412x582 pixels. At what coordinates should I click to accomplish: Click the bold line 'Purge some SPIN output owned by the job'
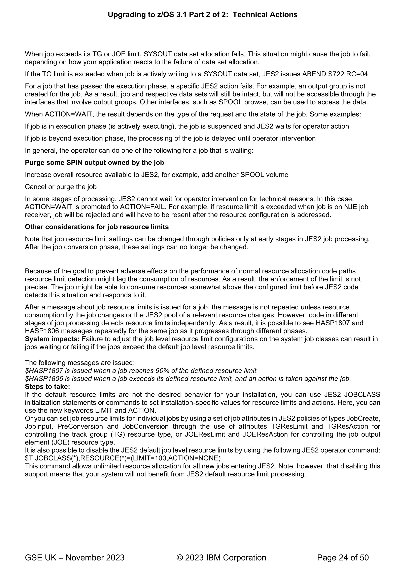point(94,162)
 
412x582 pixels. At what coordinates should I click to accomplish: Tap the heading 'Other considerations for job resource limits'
point(97,227)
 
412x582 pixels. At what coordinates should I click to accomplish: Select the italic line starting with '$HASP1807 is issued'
point(141,371)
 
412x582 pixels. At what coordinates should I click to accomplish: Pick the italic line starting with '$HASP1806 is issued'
point(188,379)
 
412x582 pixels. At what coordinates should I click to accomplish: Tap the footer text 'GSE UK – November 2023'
point(75,558)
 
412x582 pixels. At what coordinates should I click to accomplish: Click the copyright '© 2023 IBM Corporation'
point(221,558)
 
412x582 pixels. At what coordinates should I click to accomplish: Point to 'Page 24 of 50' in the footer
point(343,558)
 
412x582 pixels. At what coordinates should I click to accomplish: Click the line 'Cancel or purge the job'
point(61,187)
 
